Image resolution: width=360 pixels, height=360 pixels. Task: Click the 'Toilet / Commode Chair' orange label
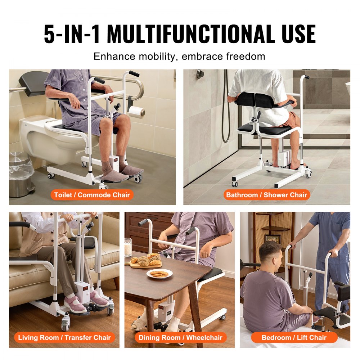93,195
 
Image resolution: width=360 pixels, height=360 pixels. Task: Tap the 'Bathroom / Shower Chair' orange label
266,195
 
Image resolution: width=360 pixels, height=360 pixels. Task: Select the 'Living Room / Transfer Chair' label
64,338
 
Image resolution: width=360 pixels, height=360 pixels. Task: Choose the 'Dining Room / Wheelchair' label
180,338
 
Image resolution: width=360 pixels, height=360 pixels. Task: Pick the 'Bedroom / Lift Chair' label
294,338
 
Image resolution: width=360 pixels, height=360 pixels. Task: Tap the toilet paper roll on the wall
137,112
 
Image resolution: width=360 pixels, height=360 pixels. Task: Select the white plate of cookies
159,274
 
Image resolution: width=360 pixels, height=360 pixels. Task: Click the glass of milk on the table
128,247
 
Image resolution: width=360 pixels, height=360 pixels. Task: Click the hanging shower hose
226,108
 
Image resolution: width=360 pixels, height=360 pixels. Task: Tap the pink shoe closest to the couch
75,305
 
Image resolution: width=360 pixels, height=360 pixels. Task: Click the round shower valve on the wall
200,74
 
